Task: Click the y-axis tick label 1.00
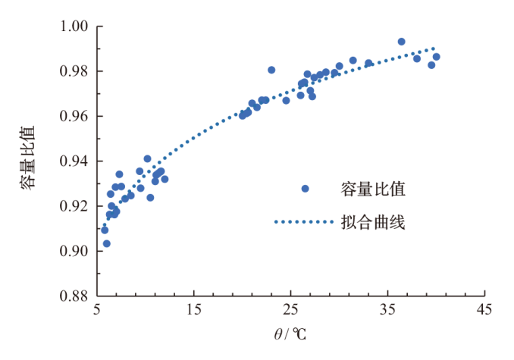point(77,27)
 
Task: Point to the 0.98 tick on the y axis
point(77,72)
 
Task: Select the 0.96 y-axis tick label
point(77,117)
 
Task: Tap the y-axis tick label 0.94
point(77,161)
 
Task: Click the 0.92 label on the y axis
point(77,206)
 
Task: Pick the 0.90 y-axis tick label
point(77,251)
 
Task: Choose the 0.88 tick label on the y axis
point(77,296)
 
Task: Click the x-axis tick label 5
point(97,309)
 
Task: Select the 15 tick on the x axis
point(194,309)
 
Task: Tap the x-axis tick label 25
point(291,309)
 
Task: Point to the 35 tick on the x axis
point(388,309)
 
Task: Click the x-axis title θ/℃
point(290,333)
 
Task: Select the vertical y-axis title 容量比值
point(28,161)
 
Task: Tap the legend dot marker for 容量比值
point(306,189)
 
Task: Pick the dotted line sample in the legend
point(304,222)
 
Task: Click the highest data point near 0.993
point(402,42)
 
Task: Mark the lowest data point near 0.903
point(107,243)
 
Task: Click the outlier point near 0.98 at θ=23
point(271,70)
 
